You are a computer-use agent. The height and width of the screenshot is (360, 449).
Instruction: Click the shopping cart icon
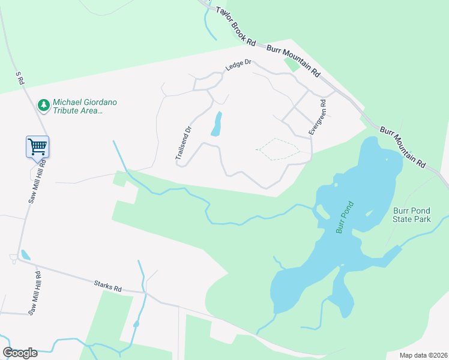(x=37, y=146)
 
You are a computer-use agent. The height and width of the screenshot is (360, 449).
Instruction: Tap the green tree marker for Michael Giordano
(x=43, y=106)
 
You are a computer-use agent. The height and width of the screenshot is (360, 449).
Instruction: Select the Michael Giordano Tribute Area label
(x=85, y=106)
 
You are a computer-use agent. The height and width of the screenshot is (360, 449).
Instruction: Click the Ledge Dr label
(x=238, y=65)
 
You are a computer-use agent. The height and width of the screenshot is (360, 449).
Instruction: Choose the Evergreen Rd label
(x=318, y=116)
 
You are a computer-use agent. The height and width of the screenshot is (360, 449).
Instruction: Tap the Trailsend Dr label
(x=183, y=142)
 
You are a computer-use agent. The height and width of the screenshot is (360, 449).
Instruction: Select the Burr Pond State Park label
(x=412, y=215)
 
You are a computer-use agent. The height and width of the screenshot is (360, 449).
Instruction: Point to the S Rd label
(x=20, y=78)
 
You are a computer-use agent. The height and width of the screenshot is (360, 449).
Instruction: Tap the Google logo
(x=20, y=353)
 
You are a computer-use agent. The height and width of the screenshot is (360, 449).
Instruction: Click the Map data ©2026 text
(x=423, y=355)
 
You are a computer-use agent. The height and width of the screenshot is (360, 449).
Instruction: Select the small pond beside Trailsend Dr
(x=216, y=124)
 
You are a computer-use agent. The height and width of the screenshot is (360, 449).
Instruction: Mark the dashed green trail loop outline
(x=277, y=149)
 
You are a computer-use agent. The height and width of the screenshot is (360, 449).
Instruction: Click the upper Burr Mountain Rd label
(x=293, y=60)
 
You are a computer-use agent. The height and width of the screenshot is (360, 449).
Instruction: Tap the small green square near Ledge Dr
(x=292, y=63)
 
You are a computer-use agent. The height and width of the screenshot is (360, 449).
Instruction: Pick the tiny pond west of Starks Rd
(x=25, y=255)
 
